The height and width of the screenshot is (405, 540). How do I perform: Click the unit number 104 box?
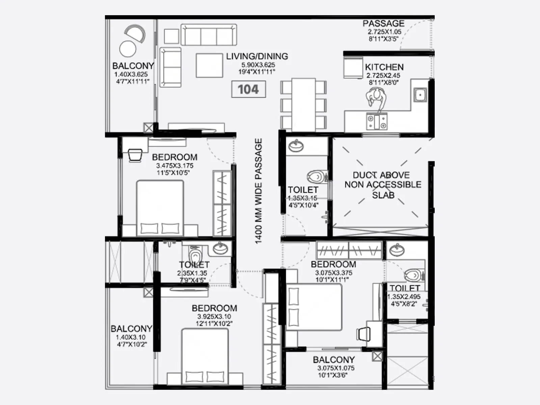[248, 89]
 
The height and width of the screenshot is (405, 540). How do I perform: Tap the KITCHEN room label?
[384, 67]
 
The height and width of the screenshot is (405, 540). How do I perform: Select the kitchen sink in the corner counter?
[420, 95]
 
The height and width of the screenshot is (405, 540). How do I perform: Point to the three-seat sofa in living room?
[209, 34]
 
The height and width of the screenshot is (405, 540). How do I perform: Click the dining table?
[303, 104]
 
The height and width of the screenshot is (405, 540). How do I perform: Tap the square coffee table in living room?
[209, 65]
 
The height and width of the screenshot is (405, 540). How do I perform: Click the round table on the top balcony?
[128, 49]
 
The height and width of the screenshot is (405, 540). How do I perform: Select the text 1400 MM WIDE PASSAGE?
[258, 191]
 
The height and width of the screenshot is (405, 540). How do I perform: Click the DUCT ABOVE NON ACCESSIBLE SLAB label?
[383, 185]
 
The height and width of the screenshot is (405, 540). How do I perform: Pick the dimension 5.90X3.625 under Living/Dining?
[258, 65]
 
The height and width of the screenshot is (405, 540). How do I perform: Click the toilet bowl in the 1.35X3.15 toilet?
[317, 177]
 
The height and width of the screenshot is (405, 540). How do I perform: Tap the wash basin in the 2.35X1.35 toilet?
[220, 249]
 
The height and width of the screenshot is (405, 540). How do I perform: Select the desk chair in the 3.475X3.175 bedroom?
[135, 155]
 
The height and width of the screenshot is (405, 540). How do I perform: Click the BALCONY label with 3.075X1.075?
[333, 360]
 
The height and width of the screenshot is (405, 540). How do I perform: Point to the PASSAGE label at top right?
[383, 24]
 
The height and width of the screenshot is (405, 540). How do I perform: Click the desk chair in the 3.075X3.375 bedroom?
[363, 334]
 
